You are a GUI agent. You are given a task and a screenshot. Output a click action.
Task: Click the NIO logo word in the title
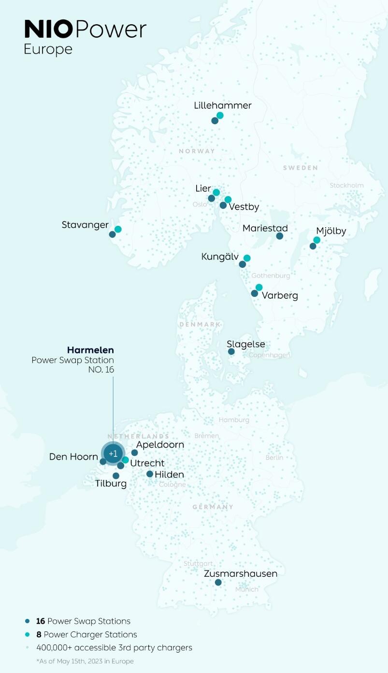tap(48, 29)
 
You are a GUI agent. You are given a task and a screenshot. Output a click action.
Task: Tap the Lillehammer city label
tap(223, 105)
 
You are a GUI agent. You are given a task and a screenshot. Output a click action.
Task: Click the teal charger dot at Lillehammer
tap(220, 116)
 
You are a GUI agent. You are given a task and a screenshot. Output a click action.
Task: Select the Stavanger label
tap(85, 225)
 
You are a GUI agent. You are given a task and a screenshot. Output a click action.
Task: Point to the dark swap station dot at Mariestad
tap(279, 236)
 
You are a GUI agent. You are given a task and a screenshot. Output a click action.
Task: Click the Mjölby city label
tap(331, 231)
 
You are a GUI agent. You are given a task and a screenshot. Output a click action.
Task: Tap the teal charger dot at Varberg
tap(259, 287)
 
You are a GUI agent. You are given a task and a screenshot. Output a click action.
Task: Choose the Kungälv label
tap(219, 257)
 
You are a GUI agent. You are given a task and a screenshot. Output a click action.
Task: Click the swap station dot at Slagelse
tap(231, 351)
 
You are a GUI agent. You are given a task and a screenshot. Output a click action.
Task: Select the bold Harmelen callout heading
tap(90, 350)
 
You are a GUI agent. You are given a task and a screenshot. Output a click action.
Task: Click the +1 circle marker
tap(113, 454)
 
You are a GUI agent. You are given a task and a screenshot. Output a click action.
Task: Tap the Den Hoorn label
tap(73, 456)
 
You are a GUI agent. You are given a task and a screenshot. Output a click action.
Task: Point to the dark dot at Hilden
tap(150, 474)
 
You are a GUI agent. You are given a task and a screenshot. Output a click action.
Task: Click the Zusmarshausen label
tap(241, 574)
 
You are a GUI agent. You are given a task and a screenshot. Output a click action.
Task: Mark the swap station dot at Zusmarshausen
tap(218, 583)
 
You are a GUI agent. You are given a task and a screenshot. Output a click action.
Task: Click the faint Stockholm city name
tap(346, 186)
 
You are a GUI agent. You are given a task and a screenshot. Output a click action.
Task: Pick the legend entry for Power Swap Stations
tap(83, 621)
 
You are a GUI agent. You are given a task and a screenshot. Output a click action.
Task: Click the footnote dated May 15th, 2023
tap(85, 661)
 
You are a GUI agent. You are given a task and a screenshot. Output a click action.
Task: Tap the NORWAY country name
tap(197, 151)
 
